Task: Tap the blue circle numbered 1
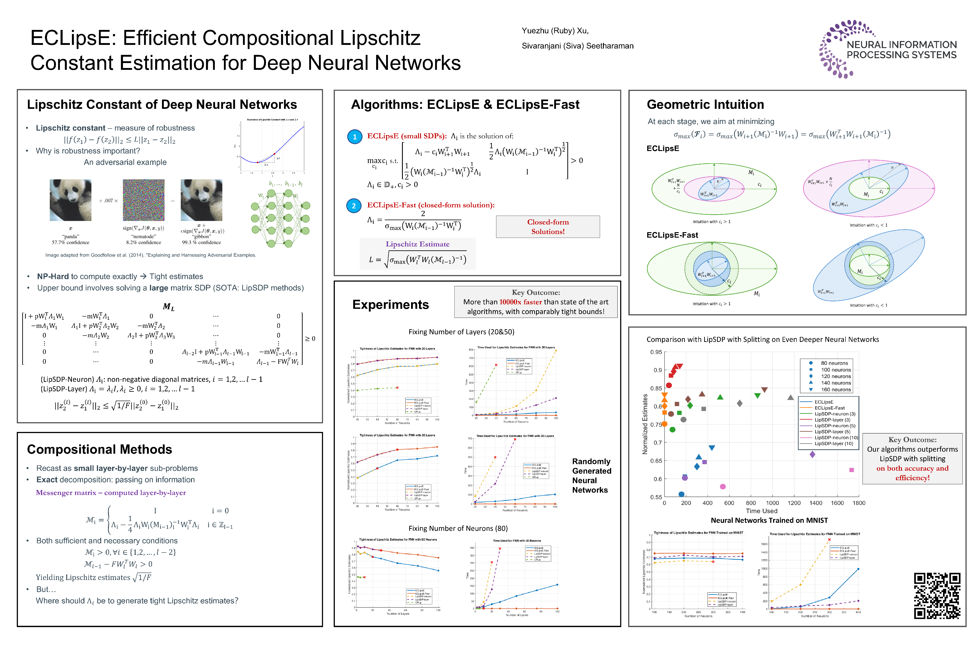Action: [355, 136]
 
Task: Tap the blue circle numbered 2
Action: [354, 206]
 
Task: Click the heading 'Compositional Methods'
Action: [100, 449]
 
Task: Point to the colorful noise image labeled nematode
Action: [143, 200]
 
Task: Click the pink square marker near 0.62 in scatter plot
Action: [851, 470]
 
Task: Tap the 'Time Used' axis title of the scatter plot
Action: [761, 511]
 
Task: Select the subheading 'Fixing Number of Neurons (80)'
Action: [458, 529]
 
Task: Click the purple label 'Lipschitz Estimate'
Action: [417, 244]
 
